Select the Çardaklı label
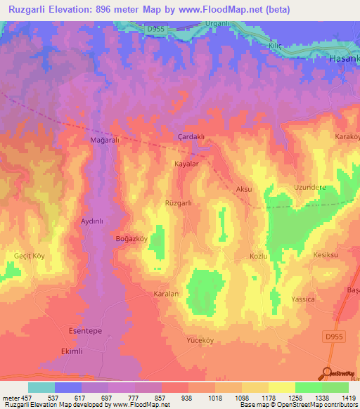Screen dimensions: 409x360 [x=191, y=137]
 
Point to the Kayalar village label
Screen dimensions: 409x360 [x=187, y=164]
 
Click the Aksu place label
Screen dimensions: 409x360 [x=244, y=190]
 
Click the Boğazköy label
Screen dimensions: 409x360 [x=131, y=239]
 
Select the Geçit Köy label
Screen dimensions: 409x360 [x=30, y=256]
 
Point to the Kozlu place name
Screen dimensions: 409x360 [x=259, y=257]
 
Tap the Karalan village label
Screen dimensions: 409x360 [x=167, y=293]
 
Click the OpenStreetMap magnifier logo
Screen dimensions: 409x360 [x=327, y=372]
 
